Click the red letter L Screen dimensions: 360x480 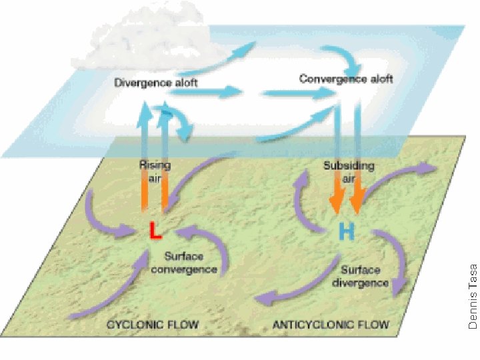[x=155, y=231]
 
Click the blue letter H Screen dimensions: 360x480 [x=346, y=231]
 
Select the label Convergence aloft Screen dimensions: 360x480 [x=346, y=79]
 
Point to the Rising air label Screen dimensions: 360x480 [x=155, y=171]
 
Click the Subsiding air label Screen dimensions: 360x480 [x=349, y=171]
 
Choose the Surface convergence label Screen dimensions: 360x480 [x=191, y=263]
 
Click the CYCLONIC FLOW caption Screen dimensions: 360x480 [x=154, y=325]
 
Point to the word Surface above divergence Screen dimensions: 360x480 [x=361, y=270]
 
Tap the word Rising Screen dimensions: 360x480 [x=155, y=165]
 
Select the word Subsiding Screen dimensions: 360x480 [x=349, y=165]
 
